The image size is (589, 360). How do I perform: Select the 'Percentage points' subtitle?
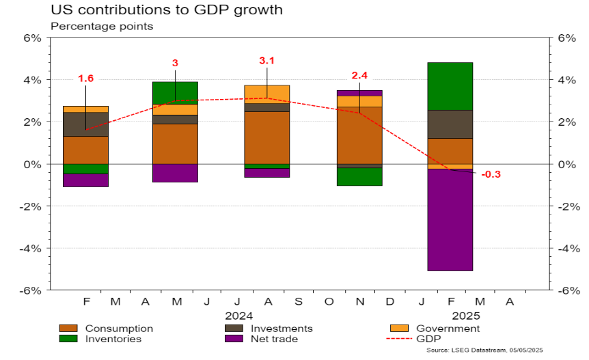[x=102, y=27]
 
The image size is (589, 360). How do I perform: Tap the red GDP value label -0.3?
[x=491, y=174]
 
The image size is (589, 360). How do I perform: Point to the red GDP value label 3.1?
[x=267, y=61]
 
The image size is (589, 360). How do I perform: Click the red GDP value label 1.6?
[x=85, y=79]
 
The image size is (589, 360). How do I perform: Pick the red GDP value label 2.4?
[x=359, y=76]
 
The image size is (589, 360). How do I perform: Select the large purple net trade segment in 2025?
[x=450, y=219]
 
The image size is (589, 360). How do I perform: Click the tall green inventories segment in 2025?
[x=450, y=86]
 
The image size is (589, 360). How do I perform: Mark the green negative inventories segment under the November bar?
[x=359, y=176]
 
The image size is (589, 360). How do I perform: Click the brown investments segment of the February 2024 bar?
[x=85, y=124]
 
